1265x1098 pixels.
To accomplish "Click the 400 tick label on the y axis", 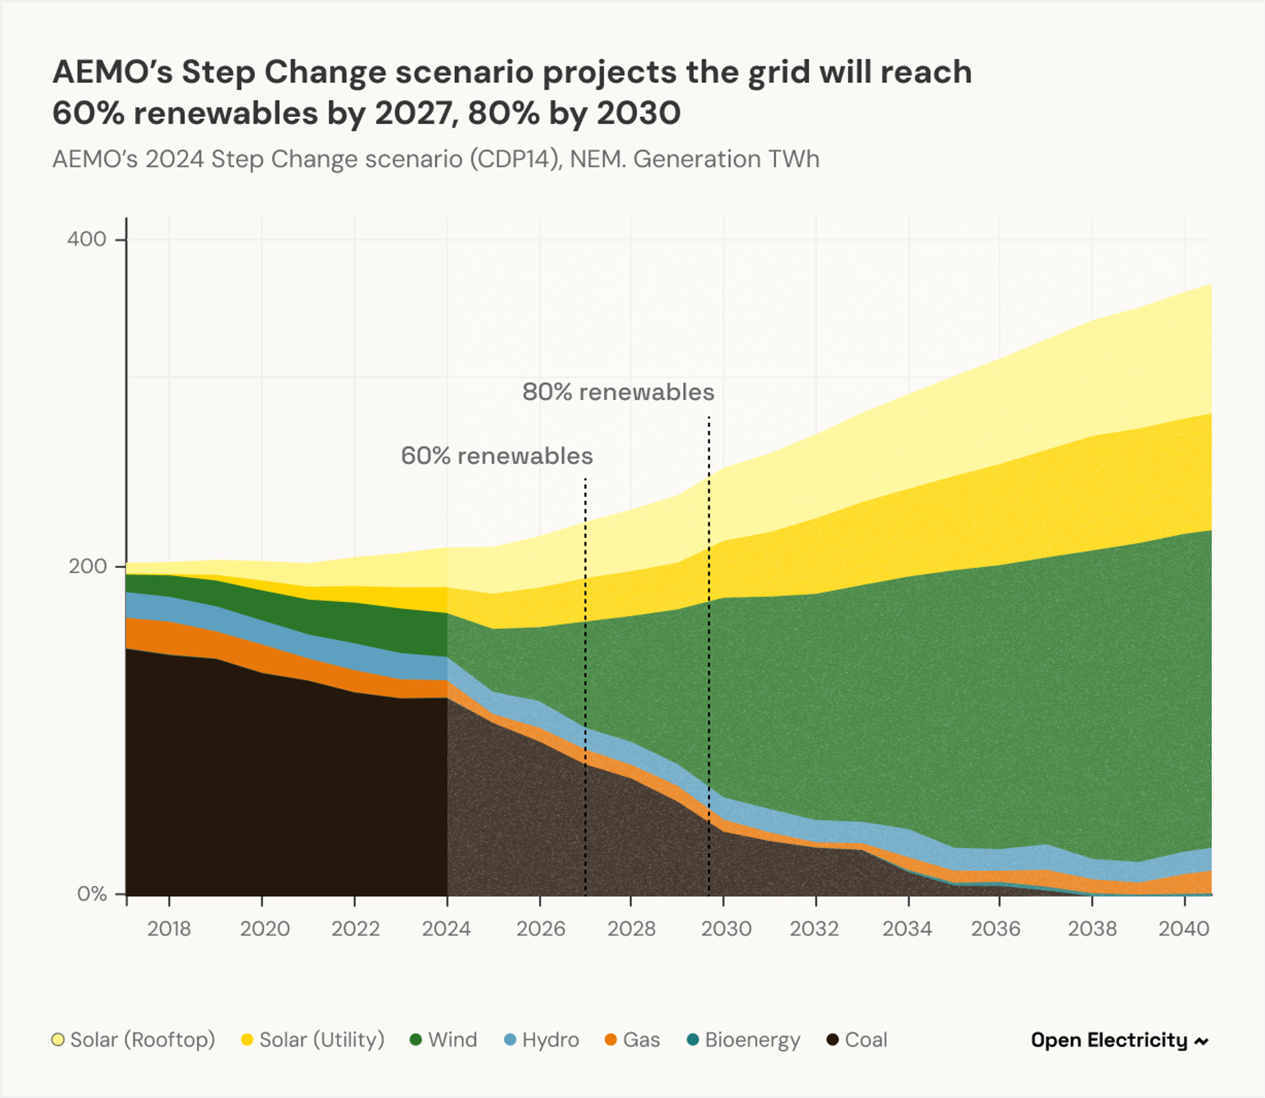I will click(86, 239).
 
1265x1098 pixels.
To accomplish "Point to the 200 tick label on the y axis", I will click(87, 566).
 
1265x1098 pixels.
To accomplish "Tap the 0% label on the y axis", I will click(91, 894).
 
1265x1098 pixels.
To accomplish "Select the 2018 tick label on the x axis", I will click(169, 928).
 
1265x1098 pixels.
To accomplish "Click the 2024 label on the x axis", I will click(446, 928).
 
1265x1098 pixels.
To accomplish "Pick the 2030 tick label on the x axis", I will click(726, 928).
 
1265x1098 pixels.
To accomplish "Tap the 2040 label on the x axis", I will click(1183, 928).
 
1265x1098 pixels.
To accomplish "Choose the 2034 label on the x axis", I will click(907, 928).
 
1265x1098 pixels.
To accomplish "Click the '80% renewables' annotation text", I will click(618, 392).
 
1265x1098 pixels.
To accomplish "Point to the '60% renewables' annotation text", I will click(497, 456).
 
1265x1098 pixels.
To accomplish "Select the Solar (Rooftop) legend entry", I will click(133, 1040).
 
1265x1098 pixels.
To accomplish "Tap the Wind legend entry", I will click(443, 1040).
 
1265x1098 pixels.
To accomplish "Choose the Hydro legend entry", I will click(542, 1040).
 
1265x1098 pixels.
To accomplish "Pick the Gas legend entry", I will click(632, 1040).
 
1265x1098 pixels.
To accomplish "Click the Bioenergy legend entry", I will click(744, 1040).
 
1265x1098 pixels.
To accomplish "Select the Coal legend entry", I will click(858, 1040).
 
